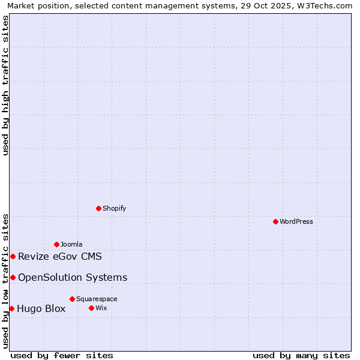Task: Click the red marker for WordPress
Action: (x=275, y=221)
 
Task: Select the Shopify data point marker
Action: (x=98, y=208)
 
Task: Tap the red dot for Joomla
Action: (x=56, y=244)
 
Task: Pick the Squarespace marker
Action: (x=72, y=299)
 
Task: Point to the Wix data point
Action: (x=91, y=308)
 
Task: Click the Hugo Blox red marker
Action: (x=11, y=308)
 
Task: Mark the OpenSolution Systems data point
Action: (x=13, y=277)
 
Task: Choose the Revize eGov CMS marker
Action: (x=13, y=256)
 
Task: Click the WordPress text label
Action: (x=296, y=221)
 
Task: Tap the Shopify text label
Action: (x=114, y=208)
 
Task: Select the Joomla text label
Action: (x=71, y=244)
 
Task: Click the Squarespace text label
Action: (x=97, y=299)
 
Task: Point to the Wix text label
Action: (x=101, y=308)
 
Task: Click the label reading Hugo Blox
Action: (x=41, y=309)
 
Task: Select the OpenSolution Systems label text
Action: (x=73, y=277)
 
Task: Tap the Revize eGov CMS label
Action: (x=60, y=257)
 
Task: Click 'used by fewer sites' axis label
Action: (x=62, y=355)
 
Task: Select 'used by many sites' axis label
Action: (x=301, y=355)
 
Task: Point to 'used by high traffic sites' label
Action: (x=5, y=85)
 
